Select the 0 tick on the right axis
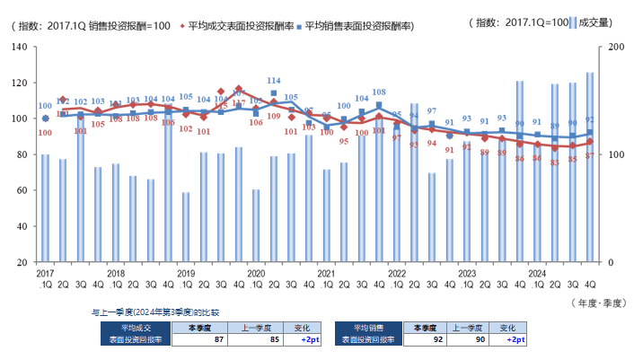[610, 262]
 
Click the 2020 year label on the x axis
[256, 272]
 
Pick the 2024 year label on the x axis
[537, 272]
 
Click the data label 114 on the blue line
[274, 81]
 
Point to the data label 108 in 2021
[379, 92]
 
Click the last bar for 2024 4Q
[590, 167]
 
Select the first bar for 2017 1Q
[45, 208]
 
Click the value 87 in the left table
[219, 340]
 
